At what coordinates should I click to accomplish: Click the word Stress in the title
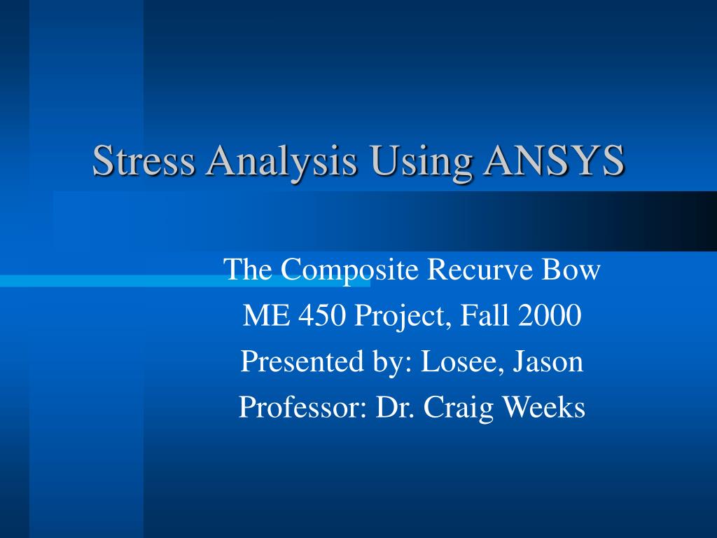144,160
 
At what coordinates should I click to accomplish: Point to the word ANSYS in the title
554,160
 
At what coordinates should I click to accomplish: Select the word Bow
571,269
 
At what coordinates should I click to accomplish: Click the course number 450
322,315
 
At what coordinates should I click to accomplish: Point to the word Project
403,317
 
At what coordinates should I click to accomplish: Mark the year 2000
550,315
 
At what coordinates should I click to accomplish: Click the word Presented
302,361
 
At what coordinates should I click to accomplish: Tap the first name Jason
548,361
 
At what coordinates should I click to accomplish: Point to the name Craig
458,408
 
